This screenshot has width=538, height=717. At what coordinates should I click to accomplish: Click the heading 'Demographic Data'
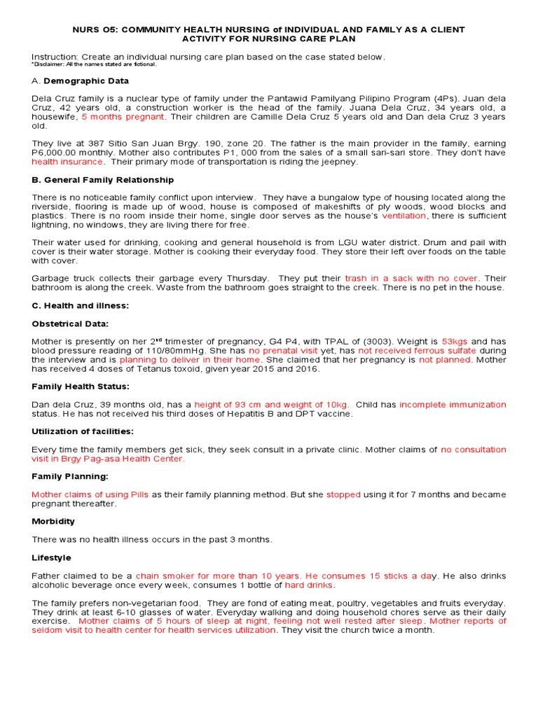coord(86,81)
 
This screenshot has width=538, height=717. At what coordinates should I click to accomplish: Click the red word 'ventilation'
coord(403,216)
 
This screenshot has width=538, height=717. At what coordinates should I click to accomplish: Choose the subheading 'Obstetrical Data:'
coord(70,324)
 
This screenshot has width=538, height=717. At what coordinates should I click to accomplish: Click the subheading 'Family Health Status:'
coord(81,387)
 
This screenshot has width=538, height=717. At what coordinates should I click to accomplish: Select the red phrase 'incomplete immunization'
coord(453,405)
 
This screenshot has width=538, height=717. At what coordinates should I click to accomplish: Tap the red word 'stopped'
coord(343,494)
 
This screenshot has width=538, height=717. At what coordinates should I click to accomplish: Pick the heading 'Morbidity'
coord(53,522)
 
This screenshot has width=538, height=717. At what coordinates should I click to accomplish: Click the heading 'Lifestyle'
coord(51,557)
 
